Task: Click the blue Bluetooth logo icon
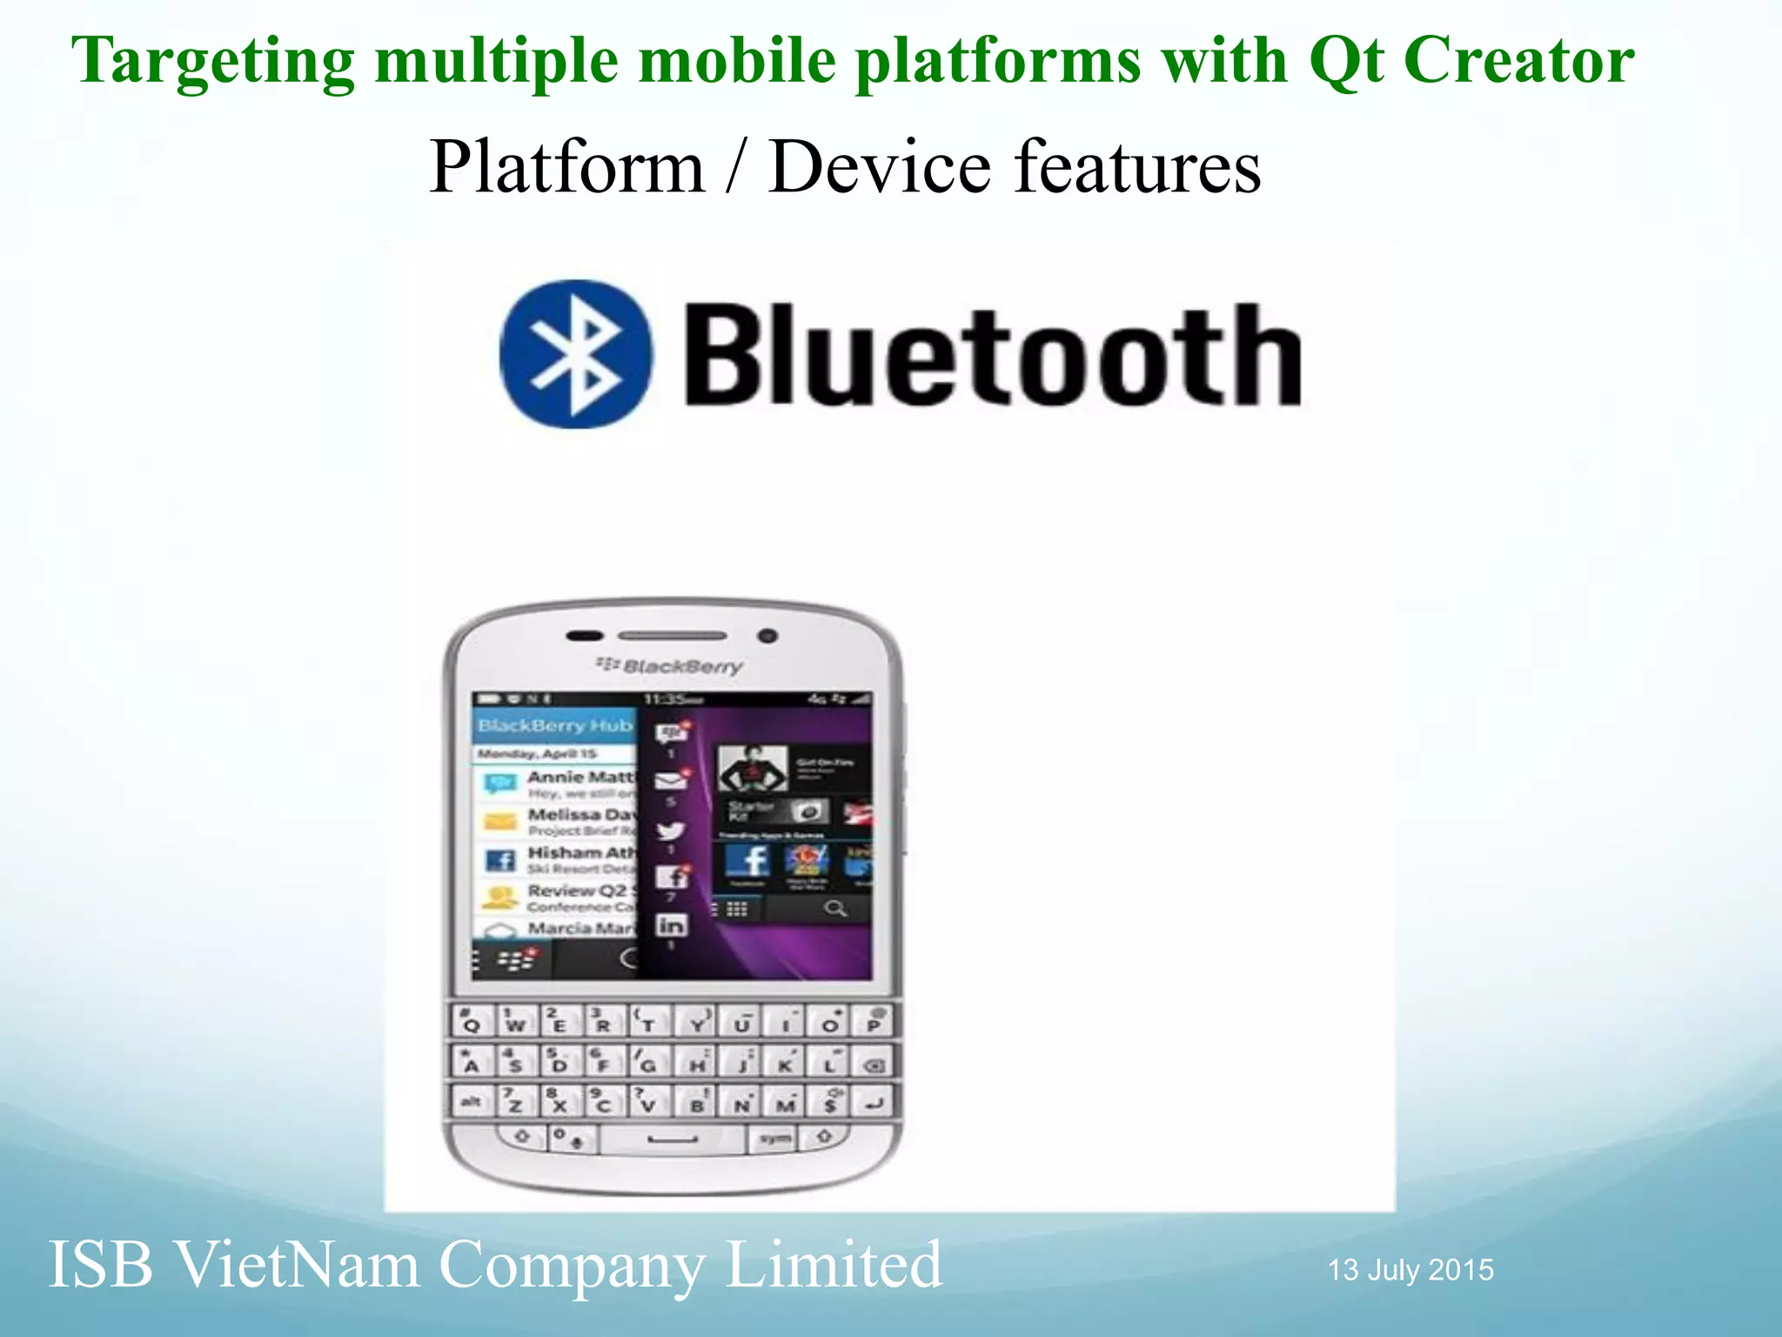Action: (x=575, y=353)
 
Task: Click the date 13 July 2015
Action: (x=1410, y=1270)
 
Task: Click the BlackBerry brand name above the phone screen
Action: (x=670, y=667)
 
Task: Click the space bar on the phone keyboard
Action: (x=673, y=1139)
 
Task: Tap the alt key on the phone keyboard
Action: (x=471, y=1102)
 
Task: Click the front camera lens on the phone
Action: (x=767, y=635)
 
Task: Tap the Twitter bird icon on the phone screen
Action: (x=671, y=830)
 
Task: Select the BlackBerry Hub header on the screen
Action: (x=555, y=725)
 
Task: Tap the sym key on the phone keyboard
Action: (x=774, y=1138)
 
